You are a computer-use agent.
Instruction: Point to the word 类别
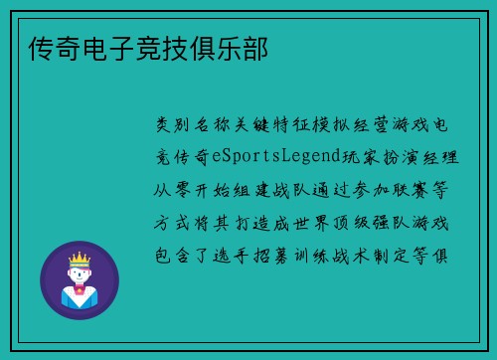point(169,125)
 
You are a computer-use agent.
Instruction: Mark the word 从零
point(169,189)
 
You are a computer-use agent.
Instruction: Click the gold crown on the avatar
point(80,260)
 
